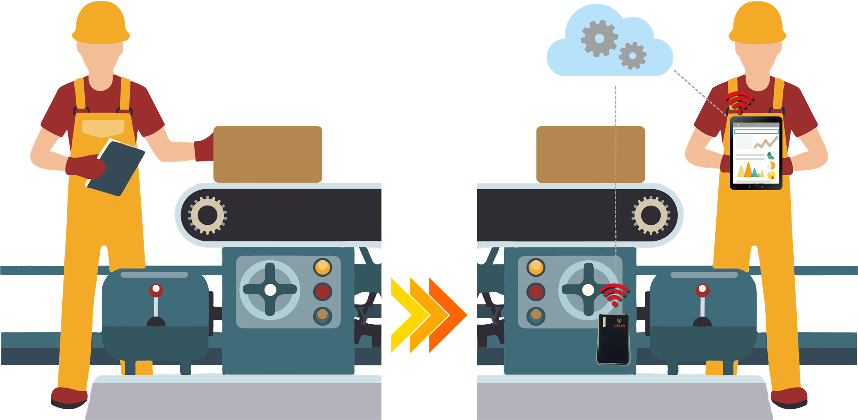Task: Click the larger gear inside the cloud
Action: (x=599, y=38)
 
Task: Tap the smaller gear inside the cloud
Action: (x=632, y=55)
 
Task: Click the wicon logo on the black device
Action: (x=619, y=323)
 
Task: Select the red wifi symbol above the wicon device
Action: (x=614, y=294)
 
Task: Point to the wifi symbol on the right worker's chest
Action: (x=739, y=102)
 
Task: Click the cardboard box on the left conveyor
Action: (x=267, y=154)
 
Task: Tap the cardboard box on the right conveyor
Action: (x=590, y=154)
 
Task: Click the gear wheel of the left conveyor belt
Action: (x=208, y=215)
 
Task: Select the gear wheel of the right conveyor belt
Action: (x=650, y=215)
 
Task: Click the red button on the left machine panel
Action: (x=323, y=292)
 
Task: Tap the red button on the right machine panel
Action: (x=536, y=292)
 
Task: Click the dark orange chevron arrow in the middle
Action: (x=447, y=315)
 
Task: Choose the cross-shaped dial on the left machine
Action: (x=270, y=289)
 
